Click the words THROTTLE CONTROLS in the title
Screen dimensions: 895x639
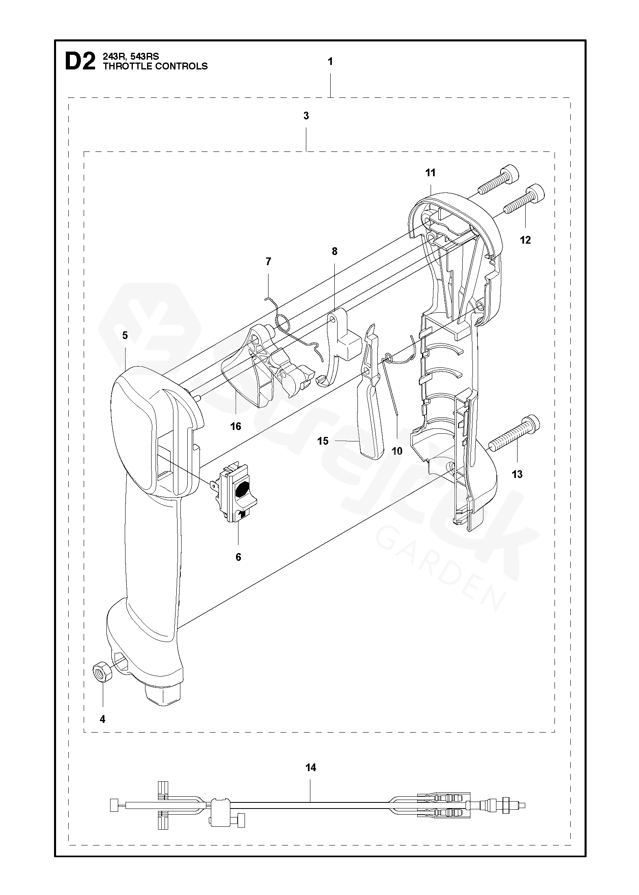coord(155,66)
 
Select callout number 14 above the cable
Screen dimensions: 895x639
coord(310,767)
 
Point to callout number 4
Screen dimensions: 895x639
coord(102,719)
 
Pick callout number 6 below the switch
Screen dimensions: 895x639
coord(238,557)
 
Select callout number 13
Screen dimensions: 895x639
coord(517,474)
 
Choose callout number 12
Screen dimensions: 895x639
coord(525,240)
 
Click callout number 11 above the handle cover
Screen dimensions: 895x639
coord(430,173)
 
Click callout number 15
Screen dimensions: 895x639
coord(323,441)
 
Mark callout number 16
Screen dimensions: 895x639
coord(236,426)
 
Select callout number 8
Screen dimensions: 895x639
coord(334,251)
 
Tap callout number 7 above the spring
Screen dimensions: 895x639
coord(268,262)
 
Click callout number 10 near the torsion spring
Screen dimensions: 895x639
coord(397,451)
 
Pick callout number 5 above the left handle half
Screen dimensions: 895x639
coord(125,335)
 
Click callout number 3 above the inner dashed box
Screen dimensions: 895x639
coord(306,116)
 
